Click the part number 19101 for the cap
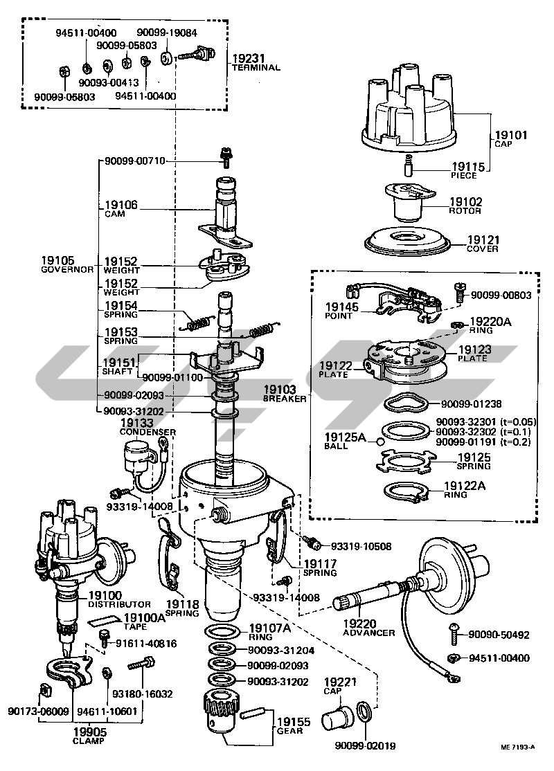[512, 136]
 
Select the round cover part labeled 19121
[409, 242]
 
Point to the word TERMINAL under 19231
[256, 68]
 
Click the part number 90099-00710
[135, 161]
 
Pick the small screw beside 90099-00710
[224, 158]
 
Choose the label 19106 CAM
[121, 209]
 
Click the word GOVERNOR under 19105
[66, 269]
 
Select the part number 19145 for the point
[339, 306]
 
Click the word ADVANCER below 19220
[369, 633]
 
